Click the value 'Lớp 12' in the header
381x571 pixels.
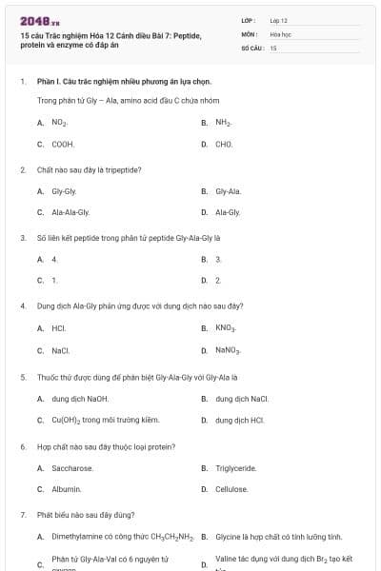click(279, 20)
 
